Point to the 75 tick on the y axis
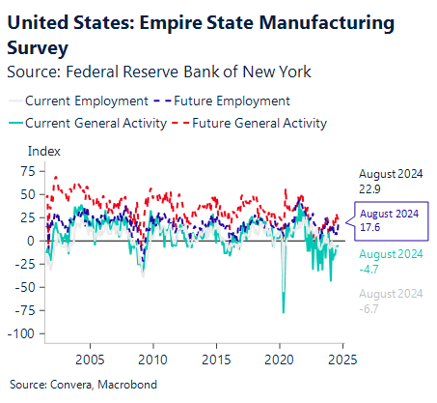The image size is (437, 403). pyautogui.click(x=28, y=170)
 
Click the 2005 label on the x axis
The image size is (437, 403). pyautogui.click(x=91, y=357)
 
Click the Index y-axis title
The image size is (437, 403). pyautogui.click(x=44, y=151)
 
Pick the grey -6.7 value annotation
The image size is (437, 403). pyautogui.click(x=370, y=308)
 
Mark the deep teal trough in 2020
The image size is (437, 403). pyautogui.click(x=284, y=311)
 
